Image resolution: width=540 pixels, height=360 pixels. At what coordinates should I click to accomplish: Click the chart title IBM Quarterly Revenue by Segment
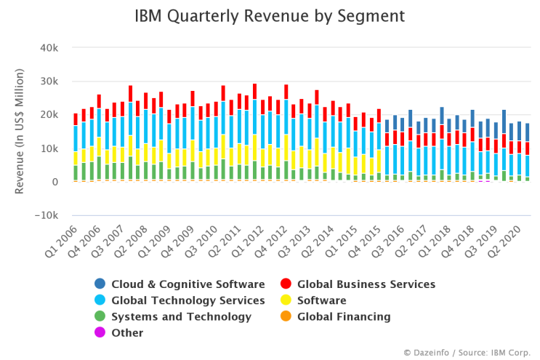[270, 15]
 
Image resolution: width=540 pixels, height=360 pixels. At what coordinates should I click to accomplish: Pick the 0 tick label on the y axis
[55, 182]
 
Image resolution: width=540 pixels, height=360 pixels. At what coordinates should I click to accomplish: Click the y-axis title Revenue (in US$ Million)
[20, 132]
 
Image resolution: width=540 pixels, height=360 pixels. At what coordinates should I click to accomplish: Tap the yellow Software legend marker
[286, 300]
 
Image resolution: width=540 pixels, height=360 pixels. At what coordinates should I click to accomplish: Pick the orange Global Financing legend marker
[286, 316]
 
